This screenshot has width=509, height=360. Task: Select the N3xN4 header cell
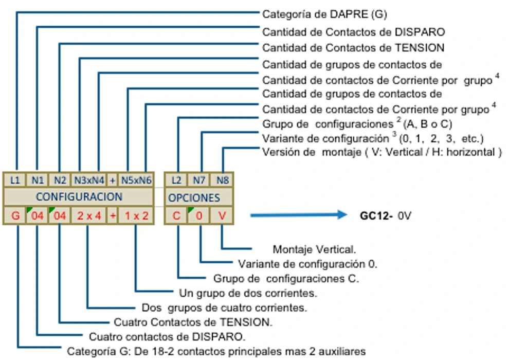coord(88,180)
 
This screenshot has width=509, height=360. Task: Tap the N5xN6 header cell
coord(136,180)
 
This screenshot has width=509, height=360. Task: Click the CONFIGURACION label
coord(79,197)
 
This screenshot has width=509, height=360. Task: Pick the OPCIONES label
coord(194,197)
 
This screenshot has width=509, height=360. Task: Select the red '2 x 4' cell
coord(88,215)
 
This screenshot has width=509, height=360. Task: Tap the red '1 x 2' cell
coord(136,215)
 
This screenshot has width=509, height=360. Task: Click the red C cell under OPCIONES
coord(176,215)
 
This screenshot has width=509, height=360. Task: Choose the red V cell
coord(222,215)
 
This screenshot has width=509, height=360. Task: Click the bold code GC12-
coord(376,215)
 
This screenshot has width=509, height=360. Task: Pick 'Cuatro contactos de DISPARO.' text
coord(167,337)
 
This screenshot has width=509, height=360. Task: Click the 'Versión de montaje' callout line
coord(381,152)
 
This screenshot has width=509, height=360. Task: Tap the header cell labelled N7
coord(199,180)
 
